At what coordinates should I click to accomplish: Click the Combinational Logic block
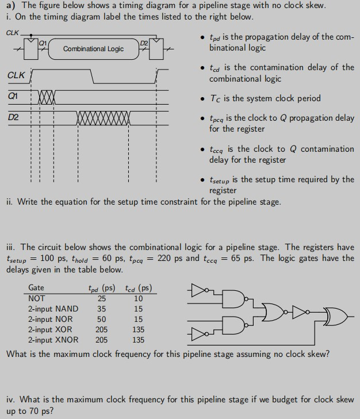pyautogui.click(x=93, y=49)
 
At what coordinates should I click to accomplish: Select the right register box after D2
pyautogui.click(x=145, y=48)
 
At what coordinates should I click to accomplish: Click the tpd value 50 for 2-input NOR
pyautogui.click(x=101, y=319)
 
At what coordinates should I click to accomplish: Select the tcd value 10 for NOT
pyautogui.click(x=138, y=298)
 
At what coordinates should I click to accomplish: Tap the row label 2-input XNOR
pyautogui.click(x=52, y=340)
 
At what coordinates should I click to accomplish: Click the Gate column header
pyautogui.click(x=36, y=287)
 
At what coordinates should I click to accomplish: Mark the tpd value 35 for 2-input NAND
pyautogui.click(x=101, y=309)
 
